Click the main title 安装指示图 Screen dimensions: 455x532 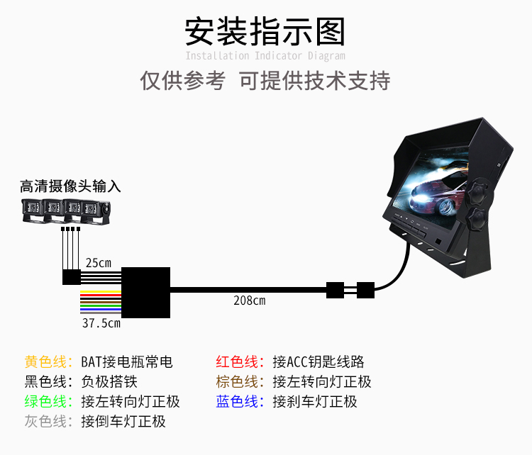pos(265,31)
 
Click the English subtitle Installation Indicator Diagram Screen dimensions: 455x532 pos(265,56)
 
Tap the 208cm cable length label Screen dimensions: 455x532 pos(249,300)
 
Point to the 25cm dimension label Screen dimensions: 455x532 pos(98,263)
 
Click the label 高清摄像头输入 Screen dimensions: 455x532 pos(70,186)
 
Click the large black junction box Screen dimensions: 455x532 pos(146,292)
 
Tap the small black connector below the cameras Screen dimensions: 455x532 pos(71,276)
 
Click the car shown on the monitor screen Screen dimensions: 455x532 pos(436,196)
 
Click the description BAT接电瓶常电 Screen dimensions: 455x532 pos(127,362)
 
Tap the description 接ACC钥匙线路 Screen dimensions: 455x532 pos(318,362)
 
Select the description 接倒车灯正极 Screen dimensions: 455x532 pos(123,422)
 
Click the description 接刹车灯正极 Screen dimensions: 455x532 pos(315,402)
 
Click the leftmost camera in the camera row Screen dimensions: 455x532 pos(32,211)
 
